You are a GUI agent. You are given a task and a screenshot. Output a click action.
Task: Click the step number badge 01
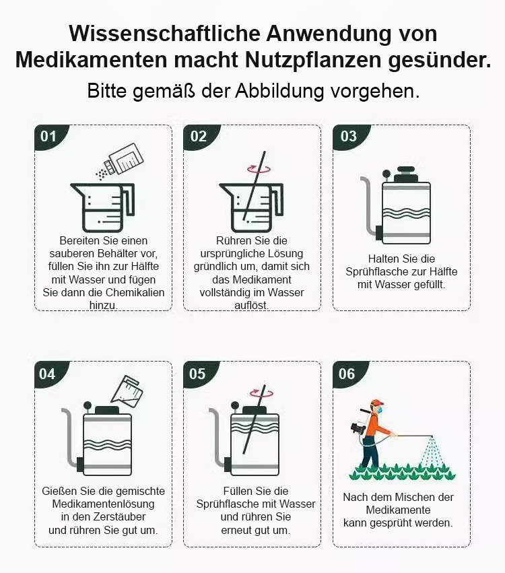[x=50, y=137]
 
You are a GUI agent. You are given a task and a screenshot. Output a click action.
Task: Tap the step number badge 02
[x=200, y=137]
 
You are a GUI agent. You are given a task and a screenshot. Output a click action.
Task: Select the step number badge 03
[x=350, y=137]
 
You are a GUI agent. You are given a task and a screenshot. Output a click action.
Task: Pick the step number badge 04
[x=50, y=374]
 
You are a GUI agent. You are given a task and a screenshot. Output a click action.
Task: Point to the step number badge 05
[x=199, y=374]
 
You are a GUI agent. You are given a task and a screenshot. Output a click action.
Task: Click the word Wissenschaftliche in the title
[x=164, y=34]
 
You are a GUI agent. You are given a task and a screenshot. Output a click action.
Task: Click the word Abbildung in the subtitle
[x=279, y=91]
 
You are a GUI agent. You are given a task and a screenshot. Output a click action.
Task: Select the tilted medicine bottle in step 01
[x=124, y=160]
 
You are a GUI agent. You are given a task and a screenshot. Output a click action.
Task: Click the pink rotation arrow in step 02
[x=259, y=169]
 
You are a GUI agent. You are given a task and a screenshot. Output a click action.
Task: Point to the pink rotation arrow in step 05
[x=261, y=393]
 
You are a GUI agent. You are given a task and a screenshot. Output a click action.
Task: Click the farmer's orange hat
[x=376, y=403]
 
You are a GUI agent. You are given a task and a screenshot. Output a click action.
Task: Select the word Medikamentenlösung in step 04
[x=104, y=504]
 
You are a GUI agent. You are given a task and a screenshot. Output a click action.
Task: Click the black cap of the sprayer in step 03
[x=405, y=175]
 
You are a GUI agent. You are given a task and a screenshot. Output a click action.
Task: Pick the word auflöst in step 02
[x=251, y=306]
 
